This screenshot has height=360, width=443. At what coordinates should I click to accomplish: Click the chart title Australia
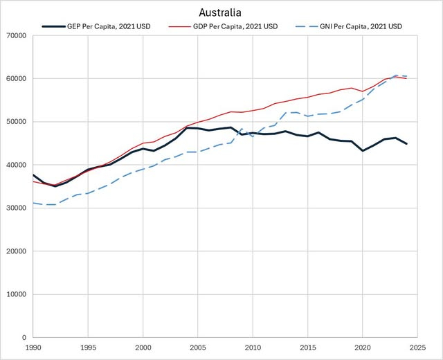click(x=220, y=12)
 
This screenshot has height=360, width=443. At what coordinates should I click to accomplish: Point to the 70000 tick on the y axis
click(x=15, y=35)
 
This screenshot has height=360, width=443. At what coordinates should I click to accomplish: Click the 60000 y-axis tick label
click(x=15, y=78)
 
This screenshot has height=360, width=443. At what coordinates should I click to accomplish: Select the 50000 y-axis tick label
click(x=15, y=122)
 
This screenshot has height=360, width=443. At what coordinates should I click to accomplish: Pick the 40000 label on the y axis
click(x=15, y=165)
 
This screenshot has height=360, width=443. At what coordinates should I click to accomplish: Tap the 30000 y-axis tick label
click(x=15, y=208)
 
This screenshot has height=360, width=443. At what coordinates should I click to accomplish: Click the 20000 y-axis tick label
click(x=15, y=251)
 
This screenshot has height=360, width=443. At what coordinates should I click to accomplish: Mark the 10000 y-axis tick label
click(x=15, y=294)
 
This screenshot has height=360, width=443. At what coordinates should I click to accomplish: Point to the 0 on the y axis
click(x=24, y=337)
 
